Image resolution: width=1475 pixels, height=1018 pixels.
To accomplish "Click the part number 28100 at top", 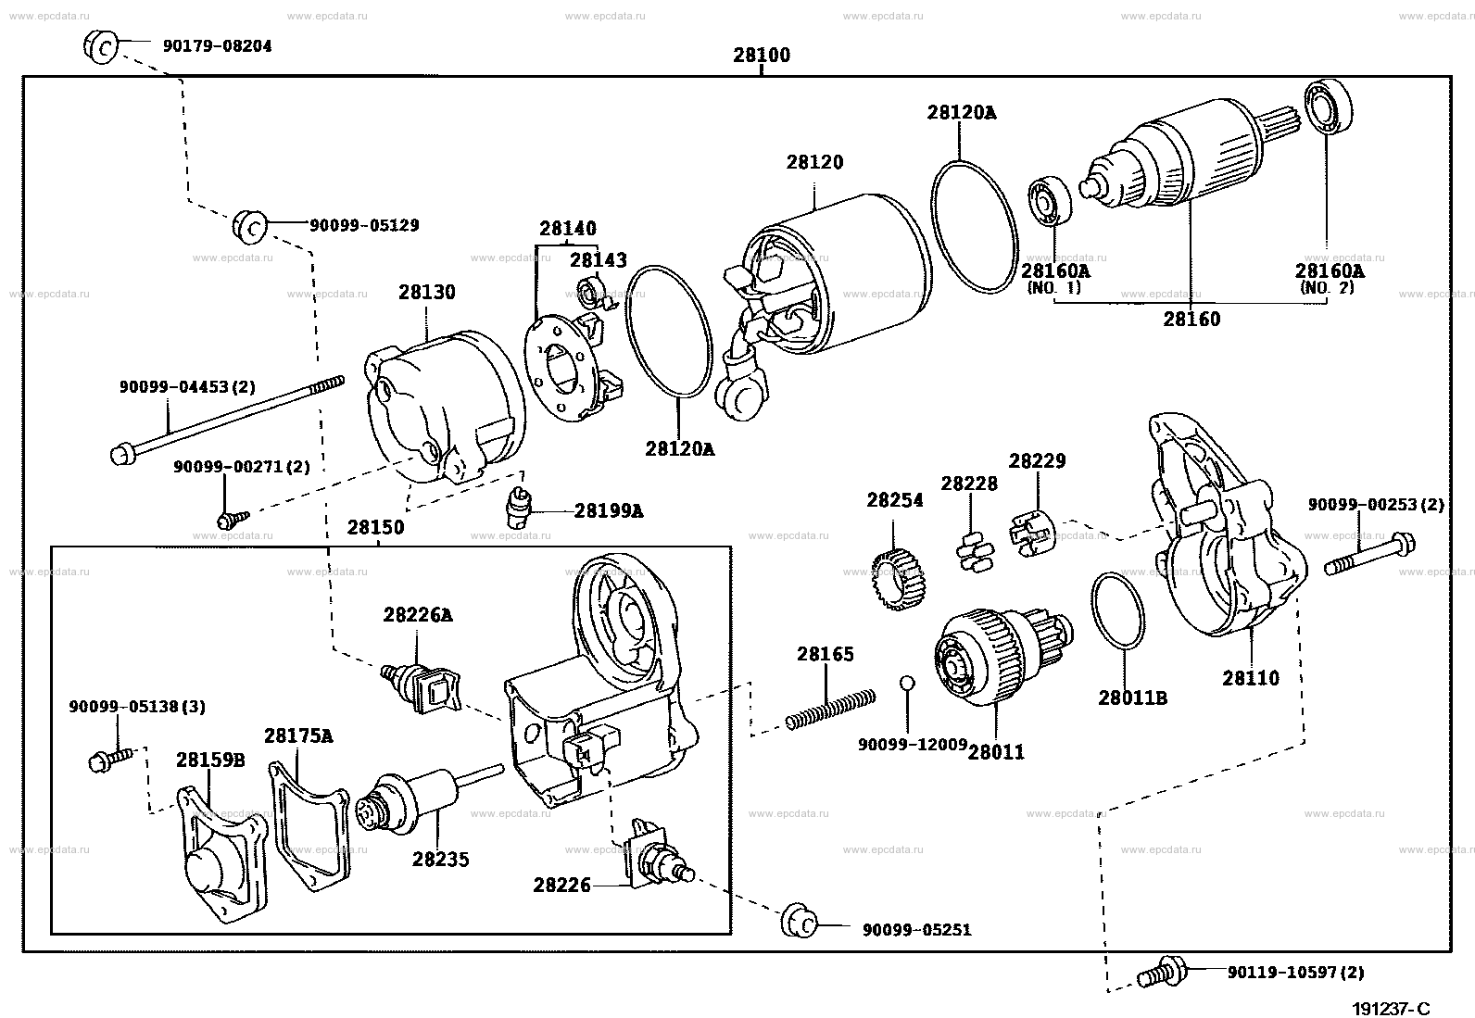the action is coord(762,55).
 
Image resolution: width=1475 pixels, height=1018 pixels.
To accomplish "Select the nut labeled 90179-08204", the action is coord(101,46).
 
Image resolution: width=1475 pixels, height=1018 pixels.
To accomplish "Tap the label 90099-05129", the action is coord(364,225).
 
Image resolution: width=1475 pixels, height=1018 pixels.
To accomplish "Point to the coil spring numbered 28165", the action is coord(830,710).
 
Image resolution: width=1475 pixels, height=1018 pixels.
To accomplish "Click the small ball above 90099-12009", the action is coord(907,683).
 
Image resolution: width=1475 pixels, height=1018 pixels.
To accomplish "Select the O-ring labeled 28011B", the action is coord(1118,610).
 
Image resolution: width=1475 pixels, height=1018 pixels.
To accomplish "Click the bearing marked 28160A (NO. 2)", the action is coord(1329,107).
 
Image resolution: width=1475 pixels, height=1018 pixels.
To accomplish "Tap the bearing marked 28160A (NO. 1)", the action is coord(1051,200).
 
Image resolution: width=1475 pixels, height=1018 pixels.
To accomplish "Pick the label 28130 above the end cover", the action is coord(427,292).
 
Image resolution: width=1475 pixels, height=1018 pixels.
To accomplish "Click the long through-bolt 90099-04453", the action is coord(227,421).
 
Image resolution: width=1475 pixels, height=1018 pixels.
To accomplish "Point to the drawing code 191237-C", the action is coord(1392,1008).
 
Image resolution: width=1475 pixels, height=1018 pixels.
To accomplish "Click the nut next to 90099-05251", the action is coord(800,921).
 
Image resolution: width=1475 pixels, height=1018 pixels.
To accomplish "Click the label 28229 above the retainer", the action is coord(1037,461).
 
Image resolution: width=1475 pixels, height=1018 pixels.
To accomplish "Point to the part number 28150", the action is coord(375,527).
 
